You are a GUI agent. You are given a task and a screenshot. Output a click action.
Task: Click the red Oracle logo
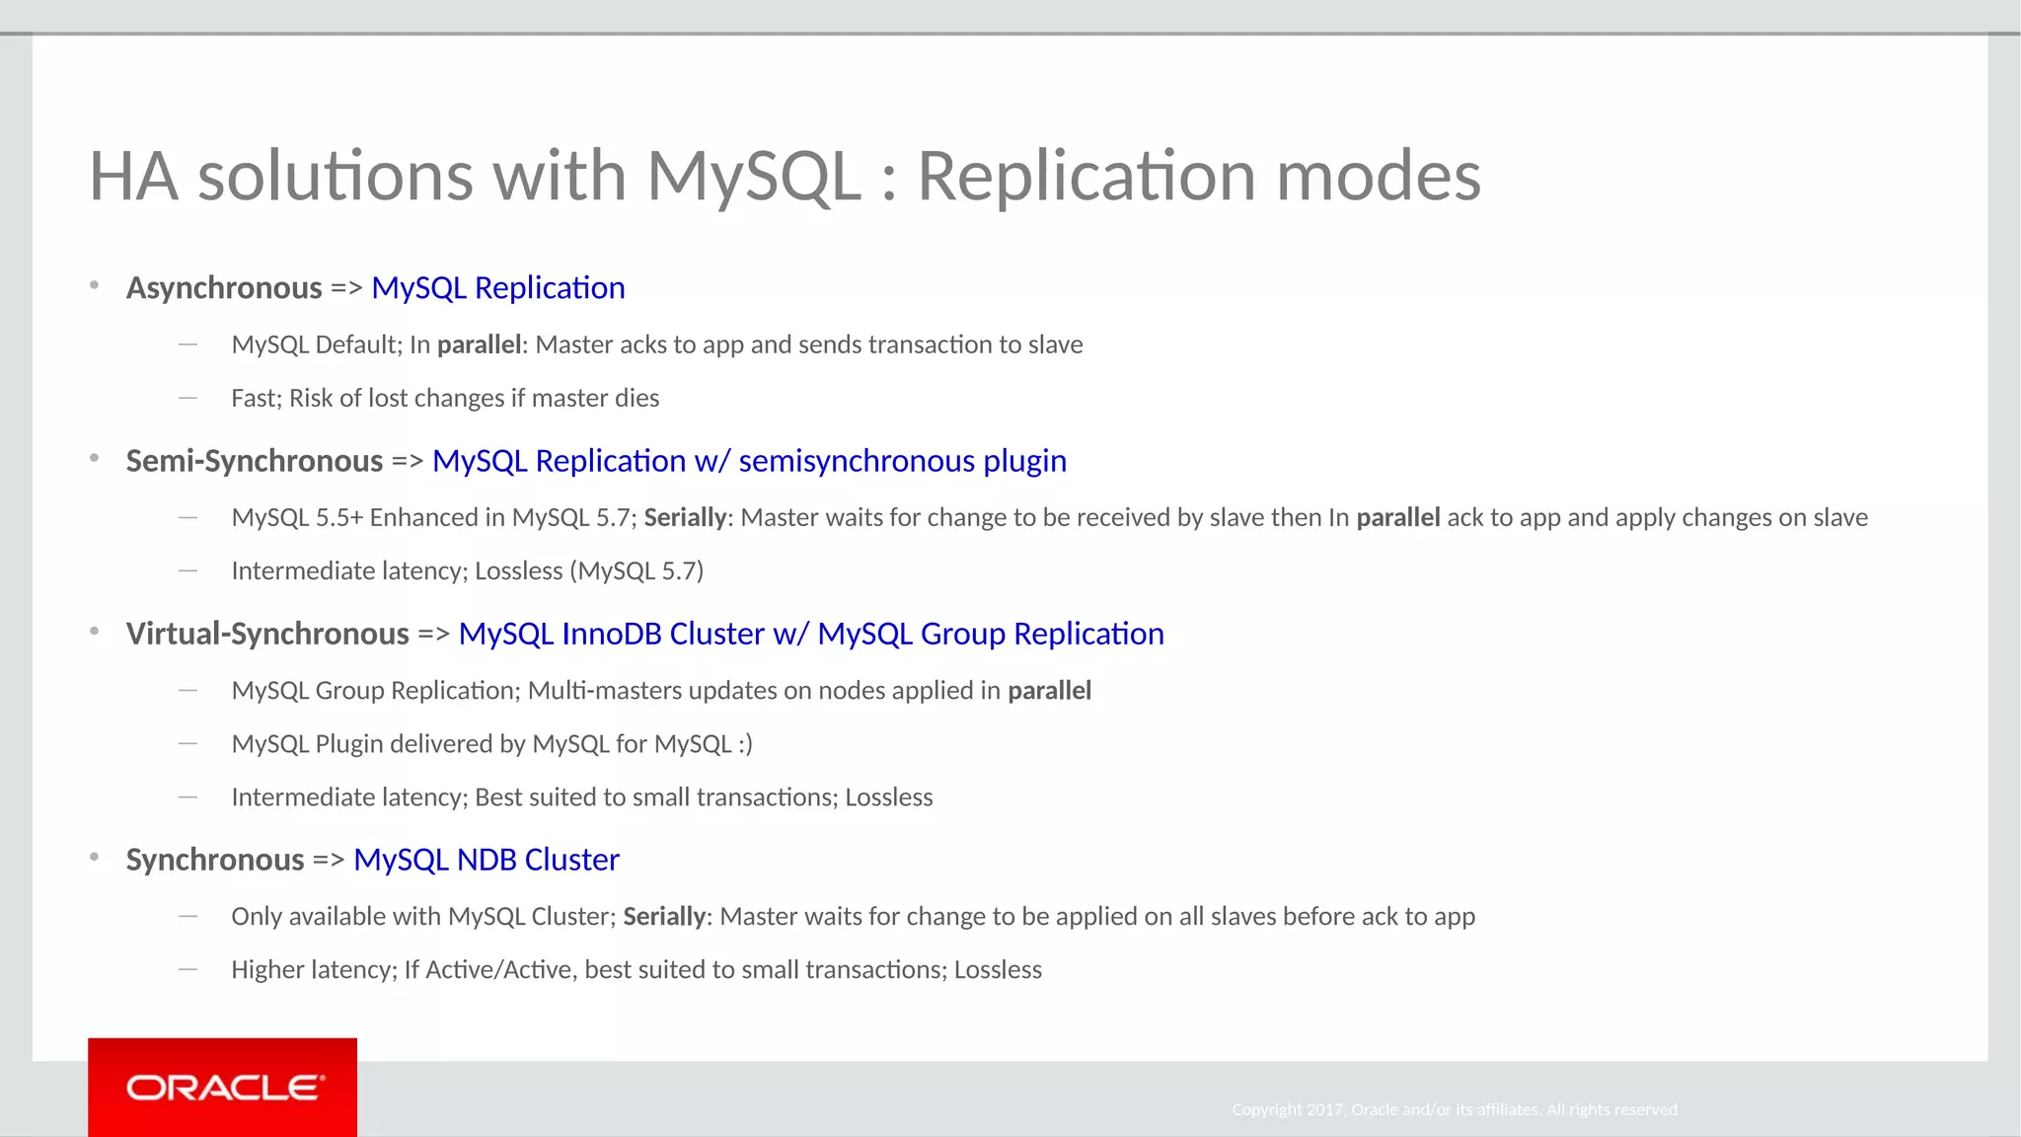pos(222,1087)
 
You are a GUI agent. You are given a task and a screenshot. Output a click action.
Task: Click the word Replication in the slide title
pos(1086,177)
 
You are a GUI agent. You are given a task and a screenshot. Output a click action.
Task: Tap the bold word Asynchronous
pos(224,288)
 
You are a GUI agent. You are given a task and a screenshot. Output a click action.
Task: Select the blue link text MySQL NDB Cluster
pos(486,860)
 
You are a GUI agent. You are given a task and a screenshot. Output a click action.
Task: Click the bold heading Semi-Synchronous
pos(254,461)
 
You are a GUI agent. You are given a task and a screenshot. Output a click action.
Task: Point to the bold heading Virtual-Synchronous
pos(267,634)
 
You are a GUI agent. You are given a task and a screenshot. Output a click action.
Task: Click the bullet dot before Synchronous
pos(94,858)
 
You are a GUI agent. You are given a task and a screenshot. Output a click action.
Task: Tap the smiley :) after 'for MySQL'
pos(745,744)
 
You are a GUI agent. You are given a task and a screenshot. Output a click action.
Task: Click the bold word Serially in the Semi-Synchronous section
pos(685,518)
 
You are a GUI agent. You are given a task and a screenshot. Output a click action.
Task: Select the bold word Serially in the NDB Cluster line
pos(664,917)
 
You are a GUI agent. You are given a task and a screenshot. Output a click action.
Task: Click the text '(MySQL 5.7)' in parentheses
pos(636,571)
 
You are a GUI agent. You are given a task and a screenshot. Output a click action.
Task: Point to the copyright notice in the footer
pos(1454,1109)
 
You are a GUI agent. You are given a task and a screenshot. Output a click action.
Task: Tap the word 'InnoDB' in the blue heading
pos(611,634)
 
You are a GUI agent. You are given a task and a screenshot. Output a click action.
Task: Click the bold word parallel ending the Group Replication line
pos(1049,691)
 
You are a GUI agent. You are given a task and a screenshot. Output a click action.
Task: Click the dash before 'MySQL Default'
pos(187,344)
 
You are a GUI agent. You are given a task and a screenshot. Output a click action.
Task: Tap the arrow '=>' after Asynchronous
pos(346,288)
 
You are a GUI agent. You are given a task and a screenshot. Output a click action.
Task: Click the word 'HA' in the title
pos(134,177)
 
